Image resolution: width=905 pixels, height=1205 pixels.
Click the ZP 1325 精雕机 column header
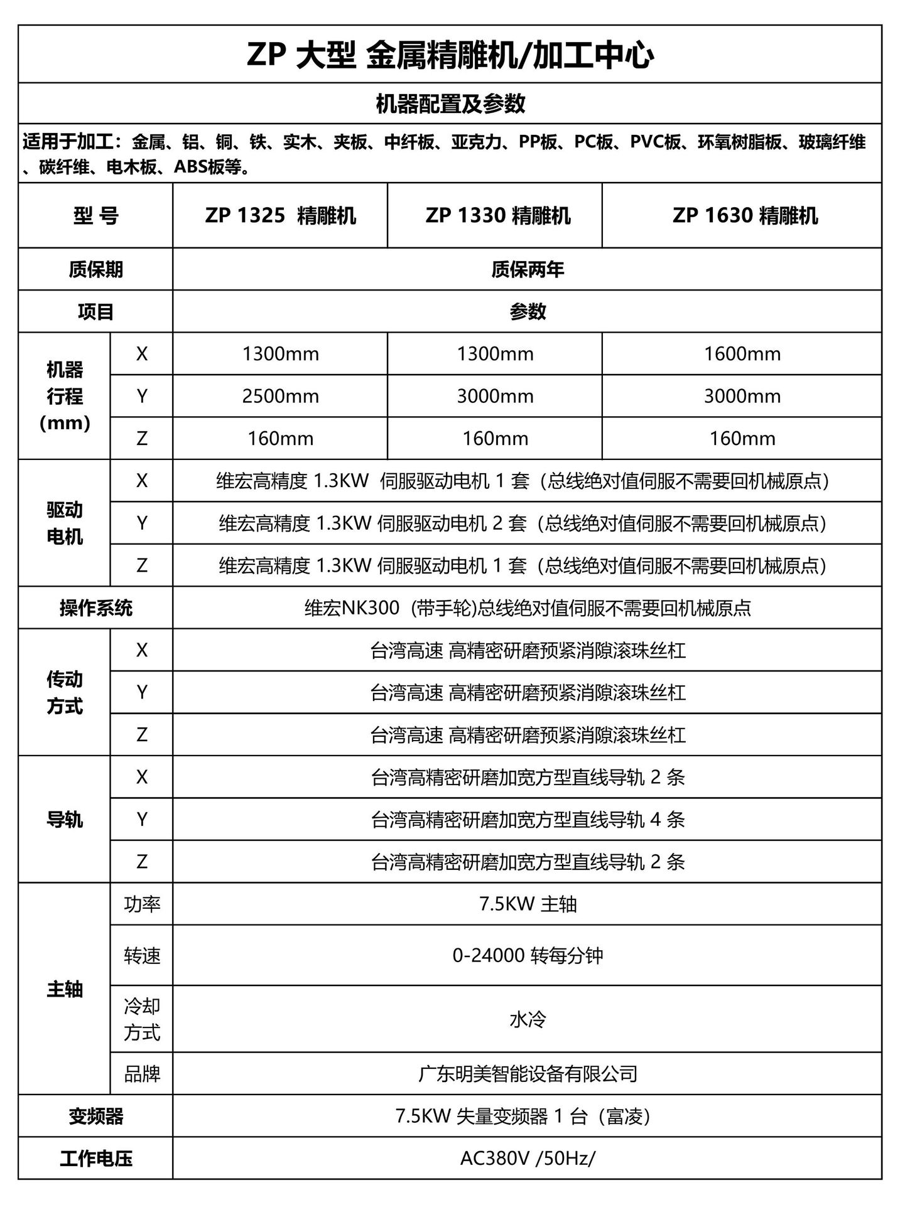tap(280, 216)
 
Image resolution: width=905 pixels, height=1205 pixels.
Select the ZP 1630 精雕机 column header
tap(745, 216)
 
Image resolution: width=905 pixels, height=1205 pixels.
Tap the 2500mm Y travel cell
tap(280, 396)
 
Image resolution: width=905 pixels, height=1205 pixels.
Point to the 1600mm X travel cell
tap(742, 354)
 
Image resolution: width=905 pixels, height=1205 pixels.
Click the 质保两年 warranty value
tap(528, 269)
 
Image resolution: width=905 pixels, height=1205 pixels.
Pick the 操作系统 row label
tap(95, 608)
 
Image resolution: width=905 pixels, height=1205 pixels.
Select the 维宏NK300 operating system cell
tap(528, 608)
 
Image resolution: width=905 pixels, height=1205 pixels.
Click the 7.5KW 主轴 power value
tap(528, 904)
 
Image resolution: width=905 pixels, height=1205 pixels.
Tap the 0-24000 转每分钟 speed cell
tap(528, 955)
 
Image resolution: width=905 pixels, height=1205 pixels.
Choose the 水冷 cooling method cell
tap(528, 1019)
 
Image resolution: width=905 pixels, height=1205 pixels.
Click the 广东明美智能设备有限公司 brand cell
tap(528, 1074)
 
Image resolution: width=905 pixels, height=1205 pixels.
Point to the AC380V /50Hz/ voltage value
tap(528, 1159)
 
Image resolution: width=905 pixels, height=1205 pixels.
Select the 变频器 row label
tap(95, 1117)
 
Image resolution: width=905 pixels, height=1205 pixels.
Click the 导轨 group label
tap(65, 820)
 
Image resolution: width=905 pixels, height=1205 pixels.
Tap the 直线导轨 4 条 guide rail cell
tap(528, 820)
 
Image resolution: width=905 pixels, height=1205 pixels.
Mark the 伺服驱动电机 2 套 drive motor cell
tap(523, 523)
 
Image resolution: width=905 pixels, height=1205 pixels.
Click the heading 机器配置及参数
tap(450, 104)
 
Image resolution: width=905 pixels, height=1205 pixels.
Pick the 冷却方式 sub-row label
tap(142, 1019)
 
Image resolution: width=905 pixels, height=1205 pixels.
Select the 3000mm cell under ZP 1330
tap(495, 396)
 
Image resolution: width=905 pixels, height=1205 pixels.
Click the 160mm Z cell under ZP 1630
tap(742, 438)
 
